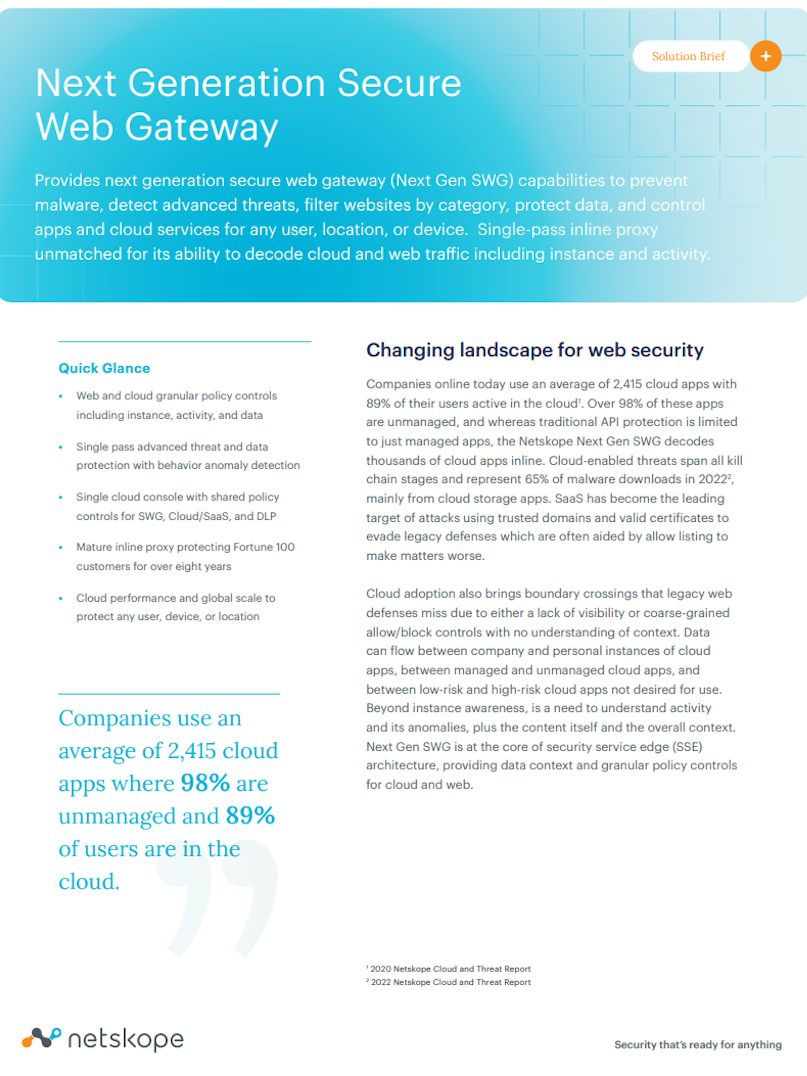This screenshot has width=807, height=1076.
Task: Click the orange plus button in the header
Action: pyautogui.click(x=766, y=56)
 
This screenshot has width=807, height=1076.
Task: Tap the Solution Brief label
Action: pyautogui.click(x=688, y=56)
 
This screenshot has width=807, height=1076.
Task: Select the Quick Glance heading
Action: pyautogui.click(x=104, y=368)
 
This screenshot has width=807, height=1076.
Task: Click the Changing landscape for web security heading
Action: pyautogui.click(x=535, y=350)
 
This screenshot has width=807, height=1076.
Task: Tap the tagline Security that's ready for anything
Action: pyautogui.click(x=698, y=1044)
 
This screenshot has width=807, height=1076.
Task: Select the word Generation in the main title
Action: pyautogui.click(x=226, y=83)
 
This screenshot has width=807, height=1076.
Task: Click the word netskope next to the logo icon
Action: pyautogui.click(x=126, y=1039)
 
